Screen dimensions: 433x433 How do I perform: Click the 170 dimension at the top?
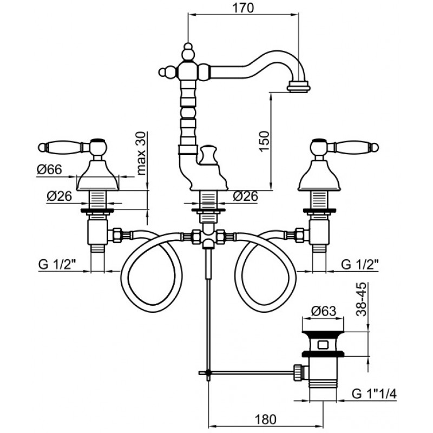tap(242, 8)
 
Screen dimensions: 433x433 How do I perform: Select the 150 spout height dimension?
tap(264, 141)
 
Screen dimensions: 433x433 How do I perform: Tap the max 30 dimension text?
tap(141, 154)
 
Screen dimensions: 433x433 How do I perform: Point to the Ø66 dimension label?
tap(49, 169)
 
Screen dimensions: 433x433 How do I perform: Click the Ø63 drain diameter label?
tap(324, 311)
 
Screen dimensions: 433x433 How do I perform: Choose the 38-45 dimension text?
tap(361, 299)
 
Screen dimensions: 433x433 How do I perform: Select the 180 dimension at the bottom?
tap(265, 419)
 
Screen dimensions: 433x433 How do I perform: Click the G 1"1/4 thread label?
tap(374, 393)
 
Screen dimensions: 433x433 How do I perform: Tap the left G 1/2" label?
tap(57, 264)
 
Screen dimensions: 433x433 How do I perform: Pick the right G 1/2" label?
tap(360, 264)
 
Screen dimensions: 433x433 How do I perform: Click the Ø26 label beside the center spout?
tap(246, 196)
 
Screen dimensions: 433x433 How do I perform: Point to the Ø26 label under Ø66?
tap(60, 196)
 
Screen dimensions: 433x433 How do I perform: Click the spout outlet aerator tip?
tap(299, 87)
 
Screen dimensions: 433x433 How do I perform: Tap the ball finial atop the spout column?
tap(188, 47)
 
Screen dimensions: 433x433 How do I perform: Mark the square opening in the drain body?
tap(323, 345)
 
